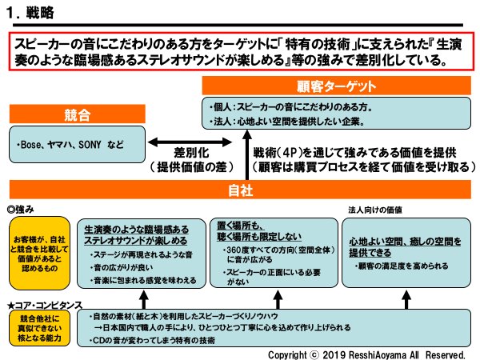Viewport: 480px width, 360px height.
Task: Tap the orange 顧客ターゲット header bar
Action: point(340,86)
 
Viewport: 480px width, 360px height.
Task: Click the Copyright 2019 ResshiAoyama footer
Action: point(368,353)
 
